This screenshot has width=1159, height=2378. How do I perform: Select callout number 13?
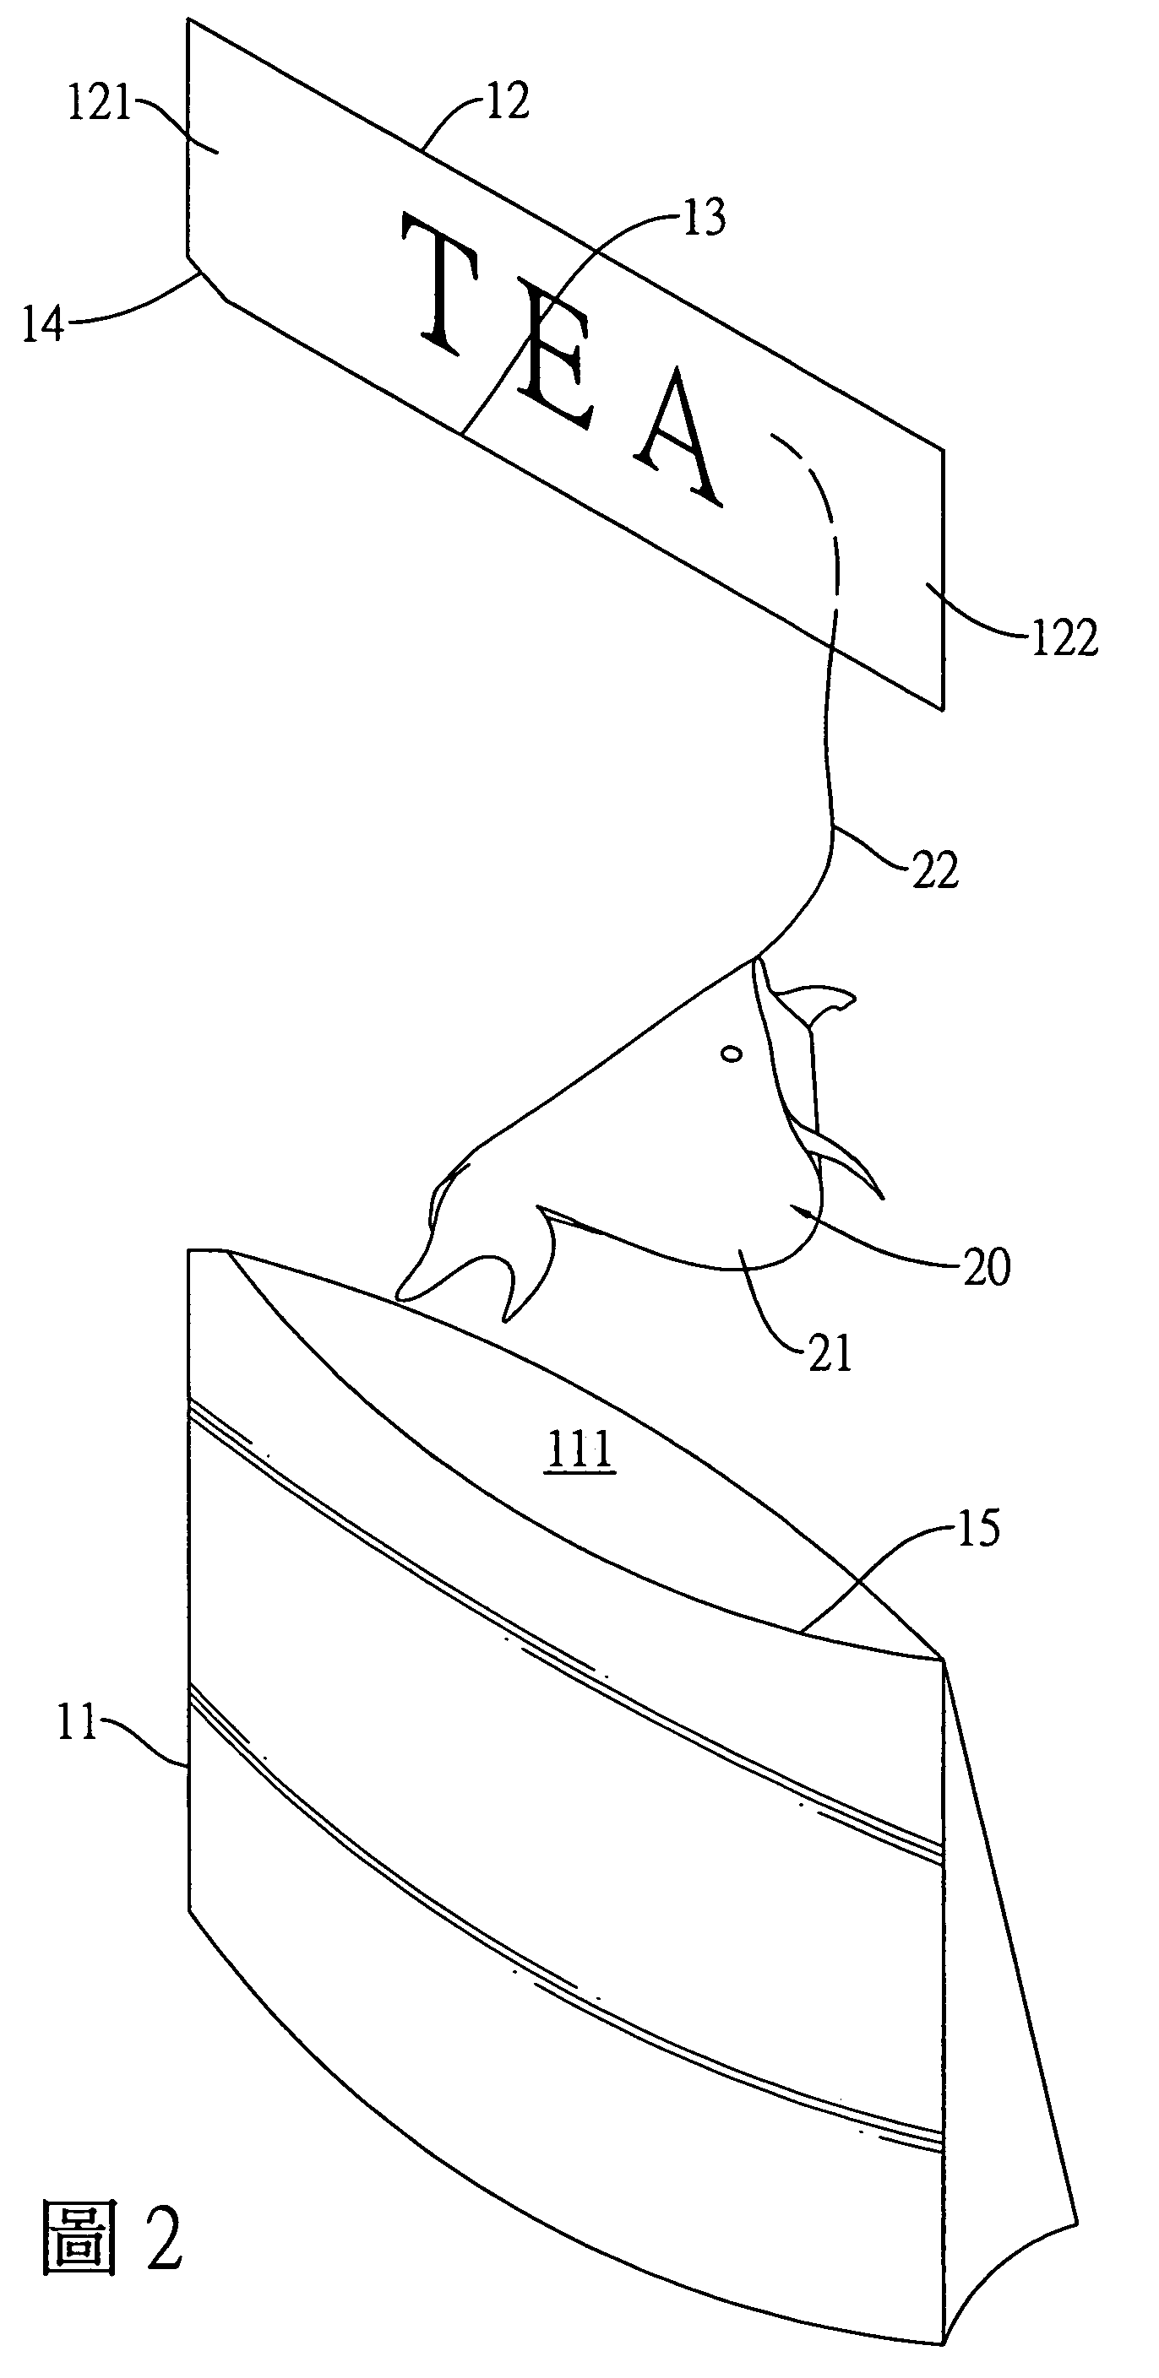[x=705, y=218]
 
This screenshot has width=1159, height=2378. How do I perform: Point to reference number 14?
[x=43, y=324]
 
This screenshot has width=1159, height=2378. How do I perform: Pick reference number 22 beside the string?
[x=935, y=870]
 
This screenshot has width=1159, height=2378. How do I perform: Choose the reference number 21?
[x=830, y=1353]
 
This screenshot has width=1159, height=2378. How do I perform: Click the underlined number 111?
[x=581, y=1450]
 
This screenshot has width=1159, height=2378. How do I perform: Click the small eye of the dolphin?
[x=732, y=1054]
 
